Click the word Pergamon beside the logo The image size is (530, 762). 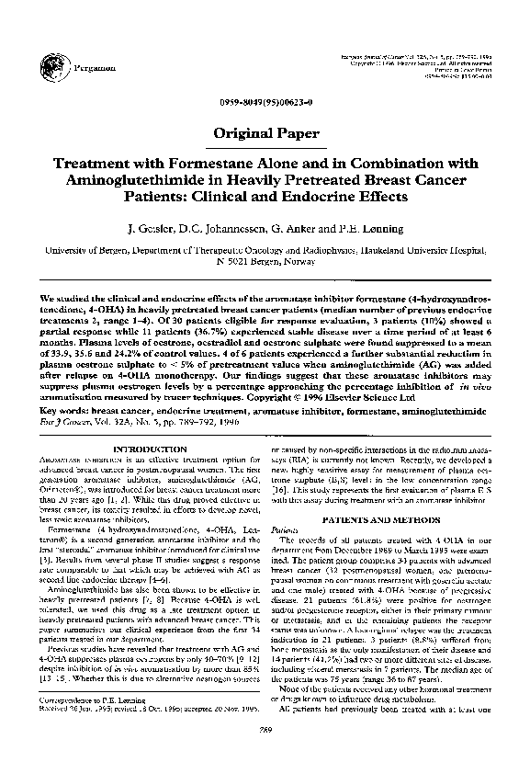[x=80, y=69]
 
